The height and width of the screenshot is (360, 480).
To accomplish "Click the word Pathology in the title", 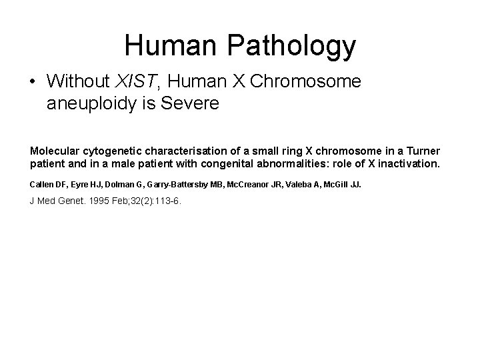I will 291,45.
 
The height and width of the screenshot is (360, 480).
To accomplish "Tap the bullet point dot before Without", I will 33,83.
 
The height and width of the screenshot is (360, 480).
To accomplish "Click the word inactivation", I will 410,163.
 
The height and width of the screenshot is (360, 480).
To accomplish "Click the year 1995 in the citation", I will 86,201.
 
